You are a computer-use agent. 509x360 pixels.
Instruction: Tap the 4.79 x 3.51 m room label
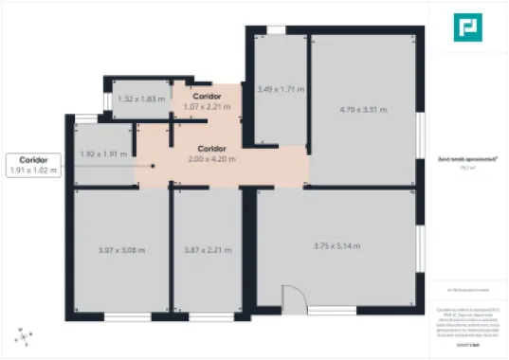365,110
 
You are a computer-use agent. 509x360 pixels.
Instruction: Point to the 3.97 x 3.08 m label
122,250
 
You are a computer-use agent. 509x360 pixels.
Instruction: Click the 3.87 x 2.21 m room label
208,250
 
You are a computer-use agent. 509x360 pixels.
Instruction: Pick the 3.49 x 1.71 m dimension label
281,89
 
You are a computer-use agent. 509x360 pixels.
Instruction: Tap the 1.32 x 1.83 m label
141,99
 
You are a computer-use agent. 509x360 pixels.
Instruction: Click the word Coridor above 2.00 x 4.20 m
212,149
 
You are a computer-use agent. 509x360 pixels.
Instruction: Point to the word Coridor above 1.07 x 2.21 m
207,97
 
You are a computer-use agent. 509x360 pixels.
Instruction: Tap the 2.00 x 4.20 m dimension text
212,159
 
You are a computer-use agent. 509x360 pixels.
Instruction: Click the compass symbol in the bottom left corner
21,335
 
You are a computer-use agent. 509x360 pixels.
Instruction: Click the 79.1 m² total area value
465,168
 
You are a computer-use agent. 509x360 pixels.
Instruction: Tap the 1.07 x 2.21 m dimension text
207,107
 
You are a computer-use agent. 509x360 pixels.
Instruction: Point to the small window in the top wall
276,30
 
